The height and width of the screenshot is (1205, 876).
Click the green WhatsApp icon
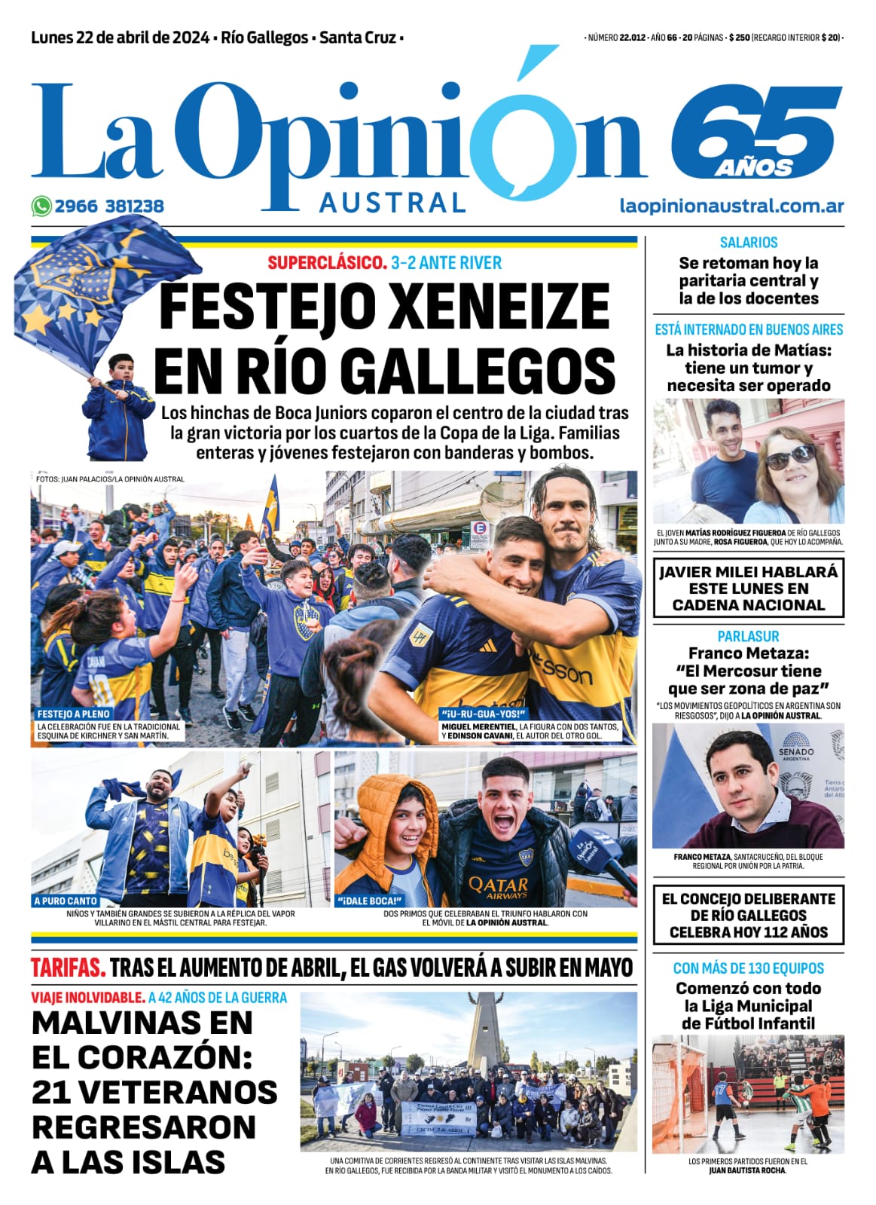[x=41, y=206]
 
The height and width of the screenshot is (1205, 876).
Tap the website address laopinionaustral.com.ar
[x=731, y=206]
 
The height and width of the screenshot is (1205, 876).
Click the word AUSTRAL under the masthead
[x=392, y=202]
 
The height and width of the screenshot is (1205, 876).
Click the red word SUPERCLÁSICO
[x=327, y=263]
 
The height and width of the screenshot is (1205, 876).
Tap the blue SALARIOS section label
[x=748, y=243]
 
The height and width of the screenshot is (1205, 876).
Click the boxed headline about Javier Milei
[x=748, y=588]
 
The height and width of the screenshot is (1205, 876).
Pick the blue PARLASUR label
[x=748, y=636]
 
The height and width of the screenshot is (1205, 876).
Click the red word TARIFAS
[x=68, y=968]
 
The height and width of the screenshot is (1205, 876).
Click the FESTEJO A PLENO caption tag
[x=74, y=713]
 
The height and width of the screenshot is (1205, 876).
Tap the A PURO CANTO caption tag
[x=66, y=901]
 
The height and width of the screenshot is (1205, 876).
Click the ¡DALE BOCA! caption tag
[x=369, y=901]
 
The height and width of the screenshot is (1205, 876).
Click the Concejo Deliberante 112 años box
[x=748, y=915]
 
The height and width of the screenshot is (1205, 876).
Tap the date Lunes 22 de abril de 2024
[x=121, y=38]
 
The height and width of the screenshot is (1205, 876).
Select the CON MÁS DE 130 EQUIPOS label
[x=748, y=968]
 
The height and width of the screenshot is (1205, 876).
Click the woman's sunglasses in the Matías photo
[x=791, y=455]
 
